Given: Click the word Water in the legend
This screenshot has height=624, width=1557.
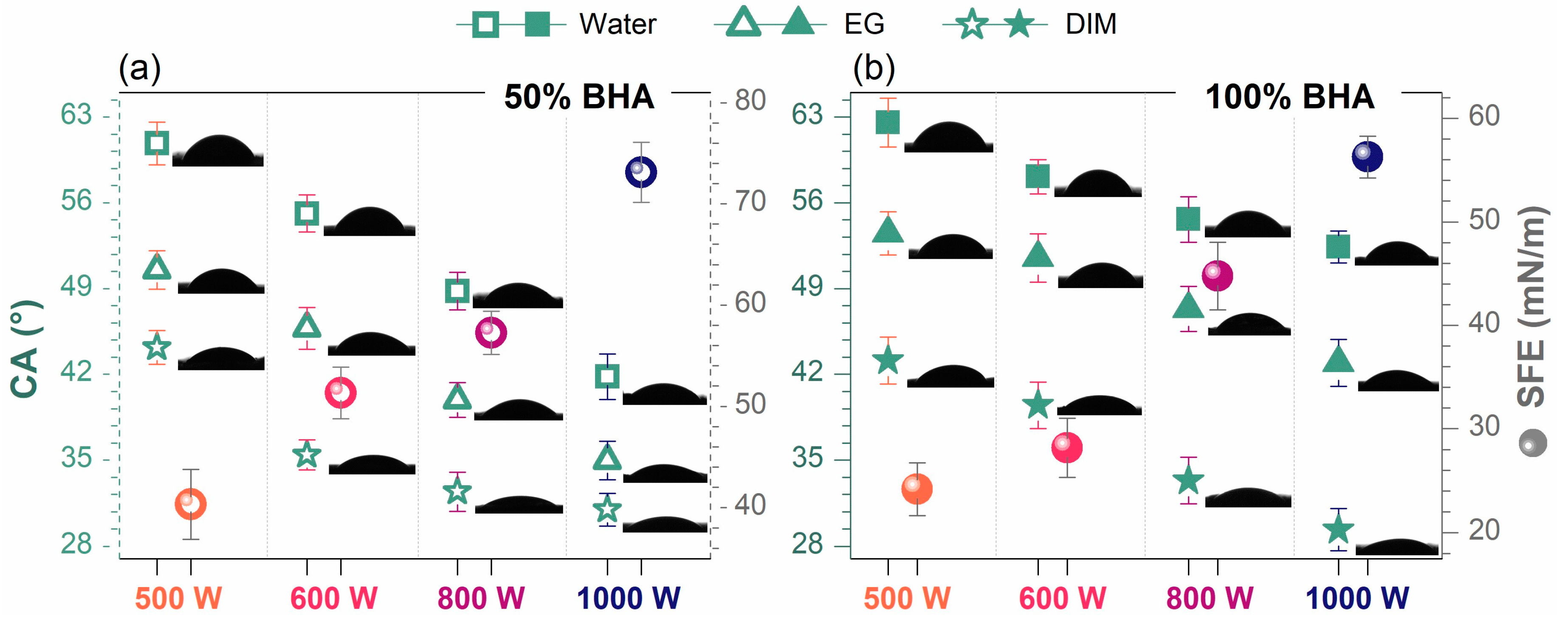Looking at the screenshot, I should pos(617,24).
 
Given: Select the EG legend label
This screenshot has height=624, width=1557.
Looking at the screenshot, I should pos(864,24).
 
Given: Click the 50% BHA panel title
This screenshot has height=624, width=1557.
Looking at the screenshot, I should pos(578,97).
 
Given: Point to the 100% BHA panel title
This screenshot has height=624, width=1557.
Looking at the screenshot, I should pos(1289,97).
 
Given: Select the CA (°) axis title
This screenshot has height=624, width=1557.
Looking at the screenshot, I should pos(25,350).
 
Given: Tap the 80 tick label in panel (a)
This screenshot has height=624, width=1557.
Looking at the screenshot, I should pos(750,100).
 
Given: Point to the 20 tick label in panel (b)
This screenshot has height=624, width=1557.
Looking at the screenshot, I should pos(1484,530).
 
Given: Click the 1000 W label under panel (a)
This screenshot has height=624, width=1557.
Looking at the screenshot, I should pos(629,599).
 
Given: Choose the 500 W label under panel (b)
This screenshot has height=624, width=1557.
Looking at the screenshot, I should pos(907,599).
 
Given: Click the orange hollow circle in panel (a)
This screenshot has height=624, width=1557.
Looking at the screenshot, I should pos(190,504).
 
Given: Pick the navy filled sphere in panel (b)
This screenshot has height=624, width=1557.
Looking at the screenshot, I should pos(1367,157).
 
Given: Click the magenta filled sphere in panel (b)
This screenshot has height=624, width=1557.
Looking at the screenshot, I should pos(1217,276).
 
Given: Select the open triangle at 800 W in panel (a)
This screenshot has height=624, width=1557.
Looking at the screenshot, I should pos(457,398).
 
